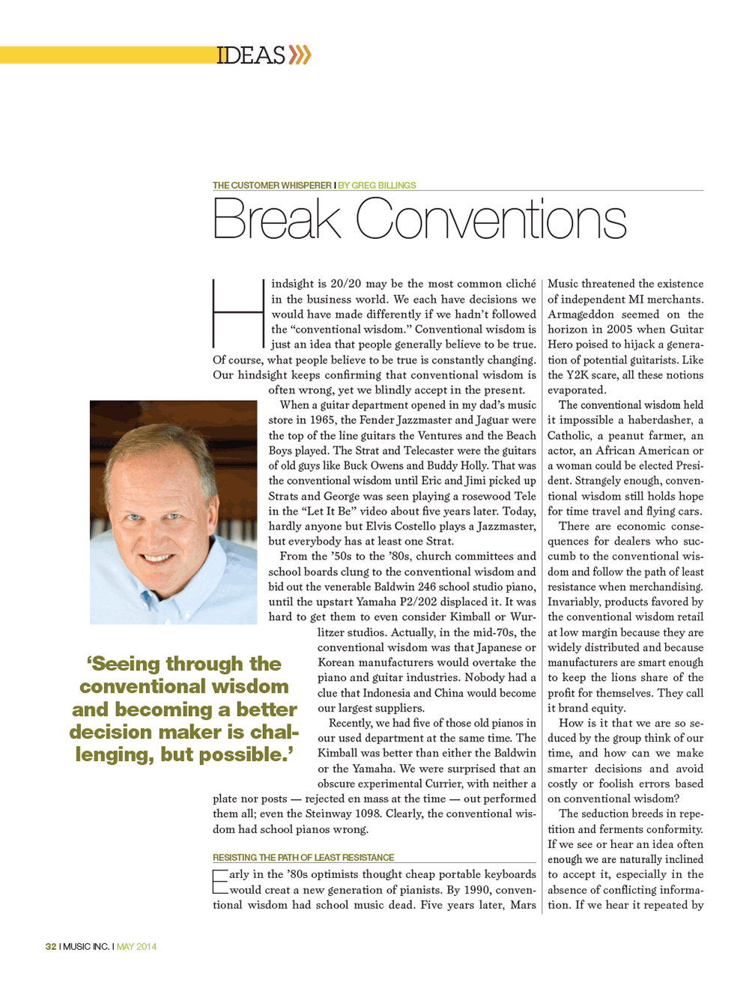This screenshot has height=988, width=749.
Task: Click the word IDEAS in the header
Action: pyautogui.click(x=251, y=55)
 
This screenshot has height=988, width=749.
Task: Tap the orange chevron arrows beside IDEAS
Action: pyautogui.click(x=300, y=55)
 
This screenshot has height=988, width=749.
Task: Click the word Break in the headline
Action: pyautogui.click(x=276, y=220)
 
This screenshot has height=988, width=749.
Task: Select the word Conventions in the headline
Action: pyautogui.click(x=491, y=220)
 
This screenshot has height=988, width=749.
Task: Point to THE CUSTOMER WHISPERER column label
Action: pyautogui.click(x=272, y=185)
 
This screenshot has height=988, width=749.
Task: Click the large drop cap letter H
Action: pyautogui.click(x=238, y=314)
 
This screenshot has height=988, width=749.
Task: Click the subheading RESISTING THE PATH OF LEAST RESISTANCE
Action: pyautogui.click(x=303, y=858)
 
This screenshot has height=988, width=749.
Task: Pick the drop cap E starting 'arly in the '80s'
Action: pyautogui.click(x=220, y=882)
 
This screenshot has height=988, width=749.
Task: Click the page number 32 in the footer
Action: pyautogui.click(x=51, y=947)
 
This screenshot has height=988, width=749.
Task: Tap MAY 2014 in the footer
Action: pyautogui.click(x=136, y=947)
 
